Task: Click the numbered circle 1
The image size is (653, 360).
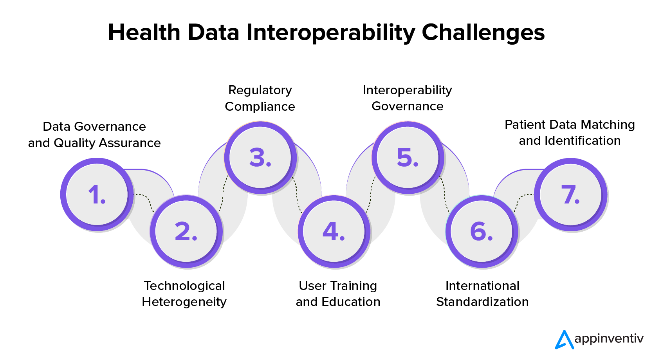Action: pos(97,194)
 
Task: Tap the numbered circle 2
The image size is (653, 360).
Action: pos(186,231)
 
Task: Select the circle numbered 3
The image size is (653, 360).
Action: pos(260,157)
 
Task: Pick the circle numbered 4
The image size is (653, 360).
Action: pos(334,231)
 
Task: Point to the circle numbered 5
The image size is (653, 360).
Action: pos(408,157)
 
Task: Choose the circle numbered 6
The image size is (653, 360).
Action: pos(482,231)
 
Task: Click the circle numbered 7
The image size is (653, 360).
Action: pos(571,194)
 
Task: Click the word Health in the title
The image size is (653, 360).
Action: pos(144,32)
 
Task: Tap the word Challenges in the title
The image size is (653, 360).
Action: pos(483,32)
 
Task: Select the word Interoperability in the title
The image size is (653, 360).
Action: pos(331,32)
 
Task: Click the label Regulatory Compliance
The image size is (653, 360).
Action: pos(260,98)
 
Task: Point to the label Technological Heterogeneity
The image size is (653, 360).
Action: pos(184,294)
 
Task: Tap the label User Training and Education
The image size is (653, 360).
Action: pos(338,293)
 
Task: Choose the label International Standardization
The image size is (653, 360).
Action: pos(482,293)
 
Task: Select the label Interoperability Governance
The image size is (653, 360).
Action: pos(408,98)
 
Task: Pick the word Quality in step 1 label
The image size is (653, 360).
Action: pos(74,144)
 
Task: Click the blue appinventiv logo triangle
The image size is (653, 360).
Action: pos(565,340)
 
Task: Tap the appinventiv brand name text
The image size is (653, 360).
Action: pos(609,339)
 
